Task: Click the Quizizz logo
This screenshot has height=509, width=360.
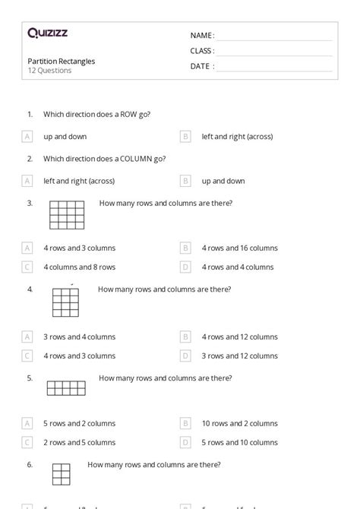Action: point(47,33)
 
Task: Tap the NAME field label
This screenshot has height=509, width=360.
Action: point(201,35)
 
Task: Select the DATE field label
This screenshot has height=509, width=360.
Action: point(201,66)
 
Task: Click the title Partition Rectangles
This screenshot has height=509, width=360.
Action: point(62,61)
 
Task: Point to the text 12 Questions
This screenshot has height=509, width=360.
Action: point(49,71)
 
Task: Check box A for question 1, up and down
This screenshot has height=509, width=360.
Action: point(27,137)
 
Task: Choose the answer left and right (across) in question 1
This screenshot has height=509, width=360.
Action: point(237,137)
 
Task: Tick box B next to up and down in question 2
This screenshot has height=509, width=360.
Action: point(185,181)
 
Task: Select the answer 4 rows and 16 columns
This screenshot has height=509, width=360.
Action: point(239,248)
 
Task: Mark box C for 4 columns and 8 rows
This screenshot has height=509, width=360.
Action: point(27,267)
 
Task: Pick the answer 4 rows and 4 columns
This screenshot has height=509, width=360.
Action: point(237,267)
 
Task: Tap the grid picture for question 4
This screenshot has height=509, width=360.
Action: point(65,302)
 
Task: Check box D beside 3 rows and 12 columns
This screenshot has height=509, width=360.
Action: point(185,356)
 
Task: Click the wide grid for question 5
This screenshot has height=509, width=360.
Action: point(66,388)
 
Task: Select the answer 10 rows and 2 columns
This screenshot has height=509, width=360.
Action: point(239,423)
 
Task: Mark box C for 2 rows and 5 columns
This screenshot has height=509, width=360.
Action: point(27,442)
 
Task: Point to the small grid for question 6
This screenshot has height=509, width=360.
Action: point(62,473)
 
